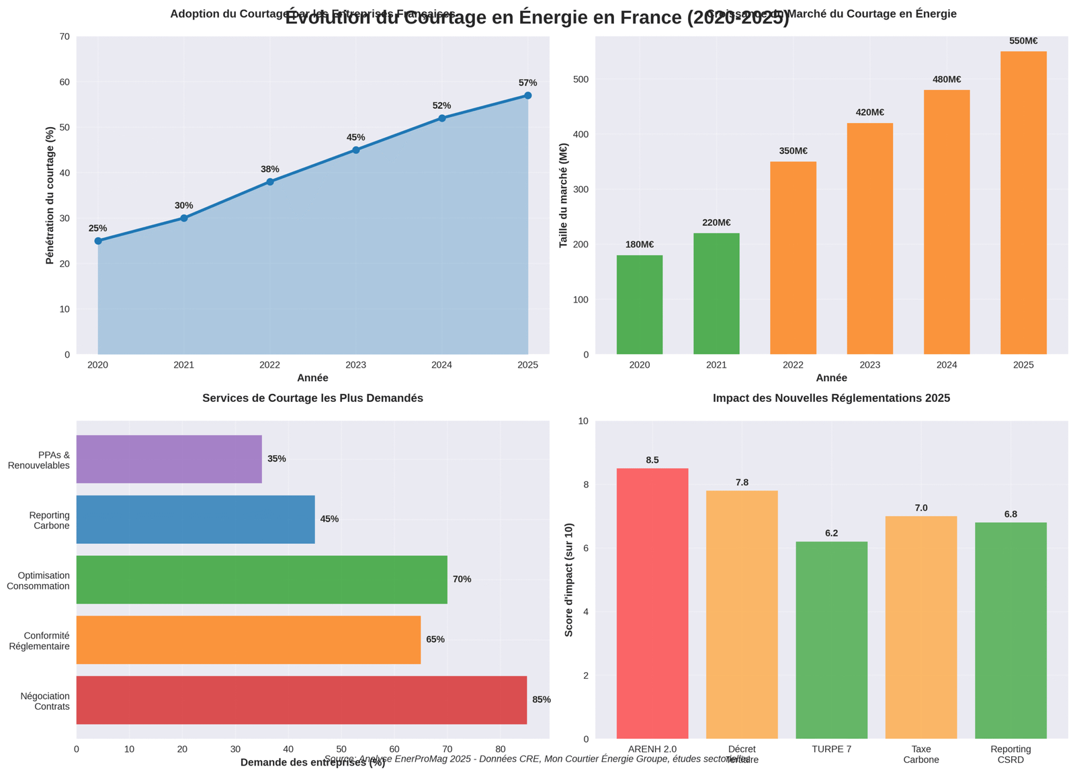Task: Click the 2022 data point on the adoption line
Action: (x=270, y=181)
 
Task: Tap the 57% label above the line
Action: (x=527, y=83)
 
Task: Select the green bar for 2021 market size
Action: (x=716, y=294)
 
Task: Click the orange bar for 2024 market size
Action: (x=946, y=222)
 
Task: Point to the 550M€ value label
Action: (x=1023, y=41)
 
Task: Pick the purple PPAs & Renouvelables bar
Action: (x=169, y=459)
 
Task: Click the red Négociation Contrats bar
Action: (x=301, y=700)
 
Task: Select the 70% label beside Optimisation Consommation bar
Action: (x=462, y=579)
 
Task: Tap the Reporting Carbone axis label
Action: (x=50, y=520)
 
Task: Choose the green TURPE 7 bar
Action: (x=831, y=640)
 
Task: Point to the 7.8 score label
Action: (x=742, y=483)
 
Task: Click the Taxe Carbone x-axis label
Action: (x=920, y=754)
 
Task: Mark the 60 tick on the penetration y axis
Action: (x=64, y=82)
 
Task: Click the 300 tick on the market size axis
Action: (x=581, y=190)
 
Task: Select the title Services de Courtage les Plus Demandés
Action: (x=312, y=398)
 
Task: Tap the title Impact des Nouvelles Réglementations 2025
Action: (x=831, y=398)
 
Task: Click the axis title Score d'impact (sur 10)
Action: (x=569, y=579)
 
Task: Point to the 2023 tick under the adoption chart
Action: (x=355, y=365)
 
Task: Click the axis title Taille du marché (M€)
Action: (x=564, y=195)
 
